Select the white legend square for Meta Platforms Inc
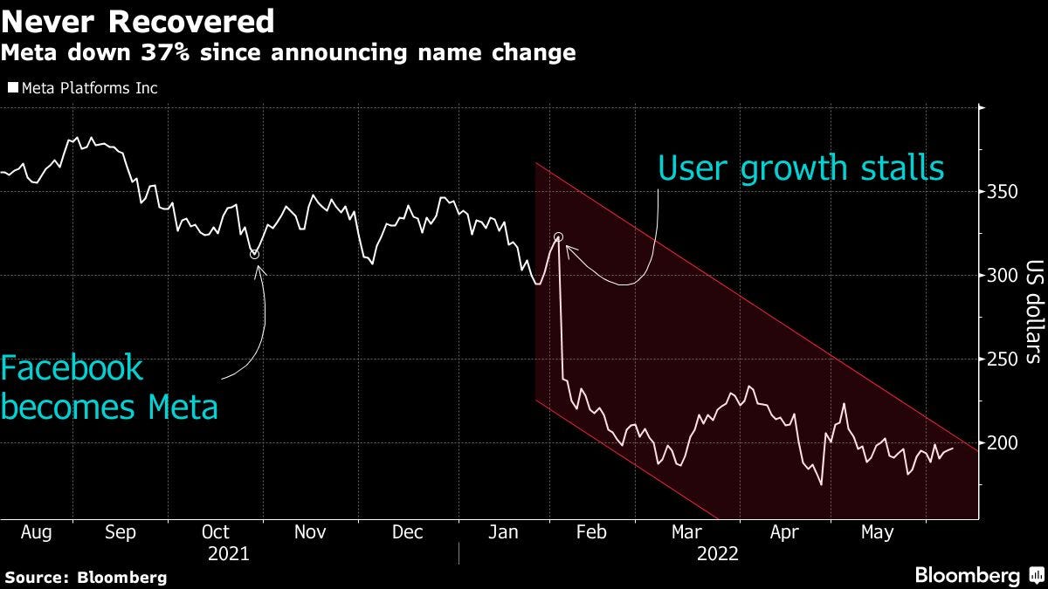pyautogui.click(x=12, y=88)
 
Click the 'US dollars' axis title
pyautogui.click(x=1034, y=312)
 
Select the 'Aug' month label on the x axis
pyautogui.click(x=24, y=532)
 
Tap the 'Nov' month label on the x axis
pyautogui.click(x=310, y=532)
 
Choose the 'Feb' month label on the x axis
pyautogui.click(x=591, y=532)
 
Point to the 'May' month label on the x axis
pyautogui.click(x=877, y=532)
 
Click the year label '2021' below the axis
pyautogui.click(x=229, y=553)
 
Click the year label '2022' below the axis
pyautogui.click(x=718, y=553)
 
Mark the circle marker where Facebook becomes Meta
pyautogui.click(x=254, y=254)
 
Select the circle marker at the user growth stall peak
pyautogui.click(x=559, y=237)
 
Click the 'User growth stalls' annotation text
pyautogui.click(x=800, y=168)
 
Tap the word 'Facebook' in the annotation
pyautogui.click(x=72, y=368)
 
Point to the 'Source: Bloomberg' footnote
pyautogui.click(x=86, y=577)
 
